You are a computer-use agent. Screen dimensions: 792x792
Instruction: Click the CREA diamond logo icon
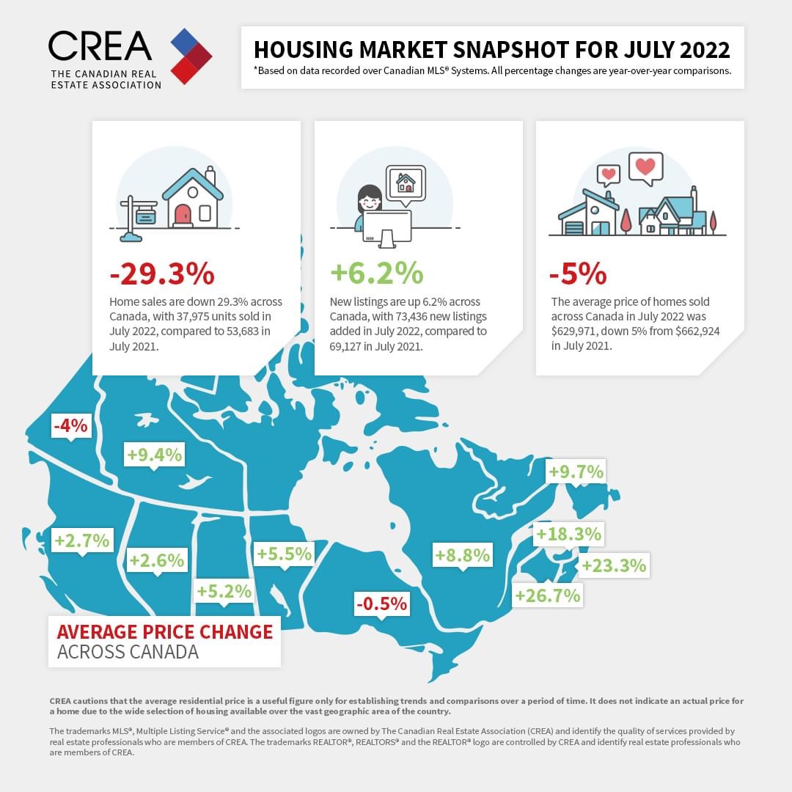click(191, 56)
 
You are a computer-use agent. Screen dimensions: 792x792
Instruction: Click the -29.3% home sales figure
click(162, 274)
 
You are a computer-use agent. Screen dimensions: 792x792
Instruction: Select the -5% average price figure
click(578, 274)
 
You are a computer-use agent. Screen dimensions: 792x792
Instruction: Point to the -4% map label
click(71, 425)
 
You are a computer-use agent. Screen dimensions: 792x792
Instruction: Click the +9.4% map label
click(154, 455)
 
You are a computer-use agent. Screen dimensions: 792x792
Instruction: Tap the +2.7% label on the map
click(82, 540)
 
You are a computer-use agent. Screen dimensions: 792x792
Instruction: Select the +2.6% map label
click(156, 560)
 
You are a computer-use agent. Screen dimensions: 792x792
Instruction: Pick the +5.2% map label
click(224, 590)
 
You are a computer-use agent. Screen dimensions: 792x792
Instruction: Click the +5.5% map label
click(284, 554)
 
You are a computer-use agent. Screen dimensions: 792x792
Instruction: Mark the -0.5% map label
click(381, 604)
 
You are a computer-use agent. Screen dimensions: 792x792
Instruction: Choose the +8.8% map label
click(462, 555)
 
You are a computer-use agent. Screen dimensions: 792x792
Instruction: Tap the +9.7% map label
click(576, 472)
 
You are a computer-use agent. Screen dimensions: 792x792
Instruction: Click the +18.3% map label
click(568, 533)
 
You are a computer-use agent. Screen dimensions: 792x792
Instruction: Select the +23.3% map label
click(613, 565)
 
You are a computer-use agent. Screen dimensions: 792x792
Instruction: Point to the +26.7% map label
click(548, 595)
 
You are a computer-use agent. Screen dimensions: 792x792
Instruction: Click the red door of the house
click(183, 215)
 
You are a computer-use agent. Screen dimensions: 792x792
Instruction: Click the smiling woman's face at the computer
click(368, 199)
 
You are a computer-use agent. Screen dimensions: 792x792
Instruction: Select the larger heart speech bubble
click(645, 166)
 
